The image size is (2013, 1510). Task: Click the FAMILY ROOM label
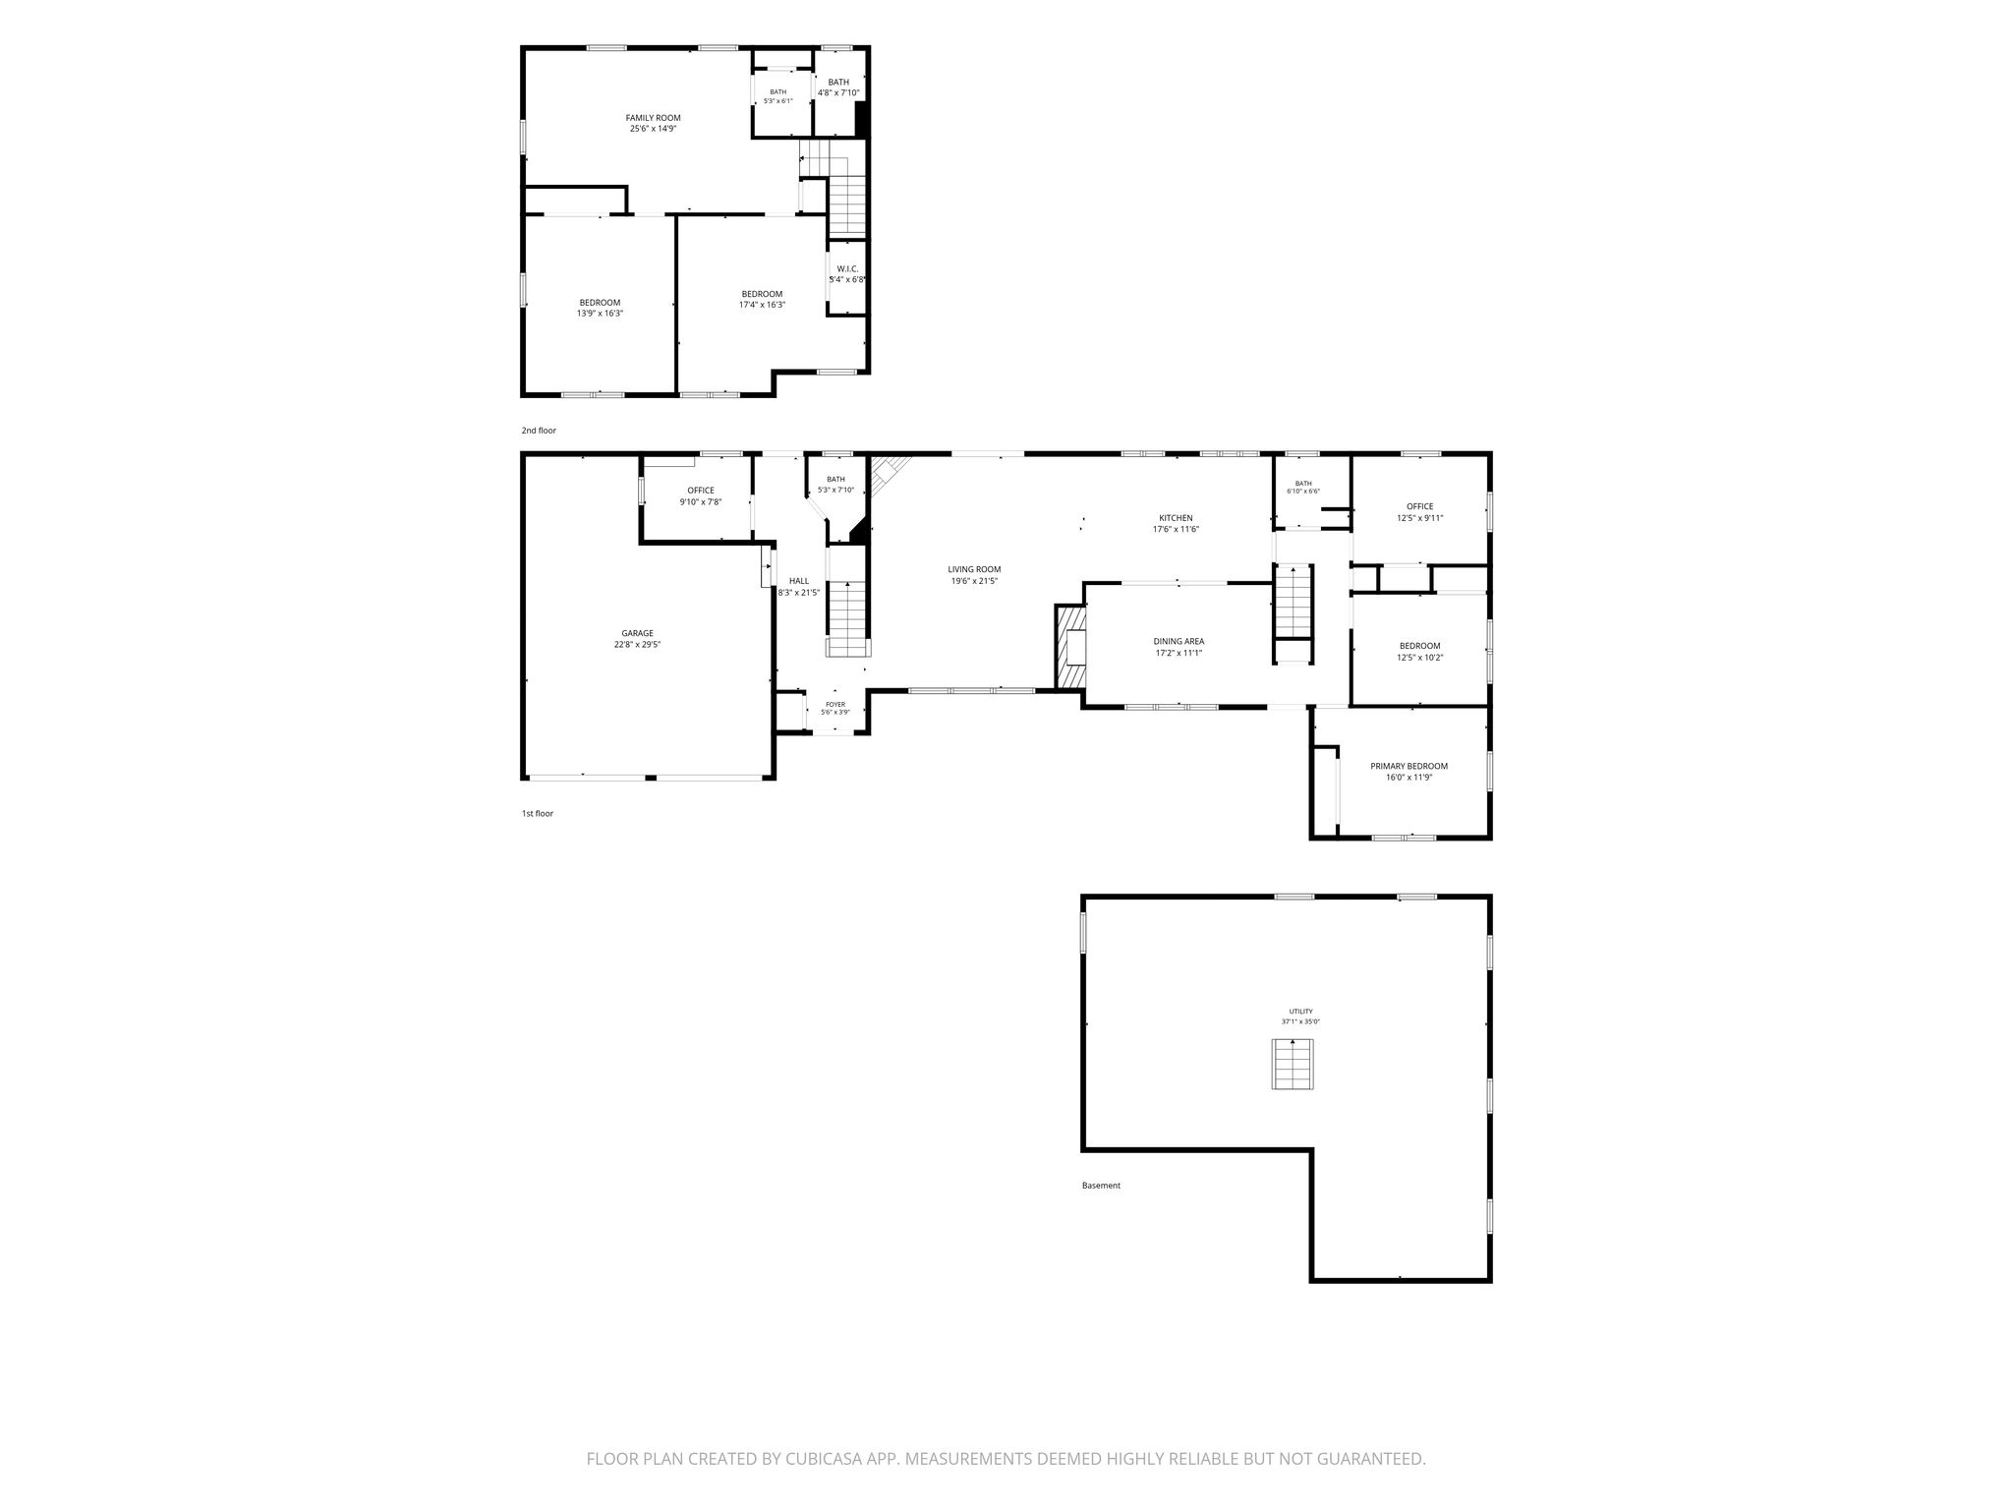pos(653,118)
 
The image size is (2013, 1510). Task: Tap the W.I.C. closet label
pos(847,268)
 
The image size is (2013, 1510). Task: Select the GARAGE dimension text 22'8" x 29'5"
pos(637,645)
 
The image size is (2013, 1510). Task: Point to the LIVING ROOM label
pos(974,569)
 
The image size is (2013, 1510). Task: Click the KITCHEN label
pos(1176,518)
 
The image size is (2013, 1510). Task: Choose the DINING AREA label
pos(1179,641)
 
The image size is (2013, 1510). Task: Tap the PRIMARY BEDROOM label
pos(1409,766)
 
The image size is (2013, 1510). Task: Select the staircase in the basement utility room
pos(1294,1064)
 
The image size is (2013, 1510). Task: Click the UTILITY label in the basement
pos(1300,1011)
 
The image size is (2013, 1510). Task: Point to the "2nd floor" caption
pos(539,431)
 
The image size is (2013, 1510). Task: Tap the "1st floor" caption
pos(538,813)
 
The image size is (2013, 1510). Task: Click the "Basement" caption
pos(1101,1186)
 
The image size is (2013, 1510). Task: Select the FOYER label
pos(835,704)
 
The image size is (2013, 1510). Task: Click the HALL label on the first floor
pos(799,581)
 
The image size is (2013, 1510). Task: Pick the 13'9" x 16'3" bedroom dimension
pos(600,314)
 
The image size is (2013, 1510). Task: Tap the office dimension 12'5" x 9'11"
pos(1419,518)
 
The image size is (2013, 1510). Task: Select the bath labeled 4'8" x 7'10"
pos(838,87)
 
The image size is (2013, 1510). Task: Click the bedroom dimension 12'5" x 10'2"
pos(1419,658)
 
